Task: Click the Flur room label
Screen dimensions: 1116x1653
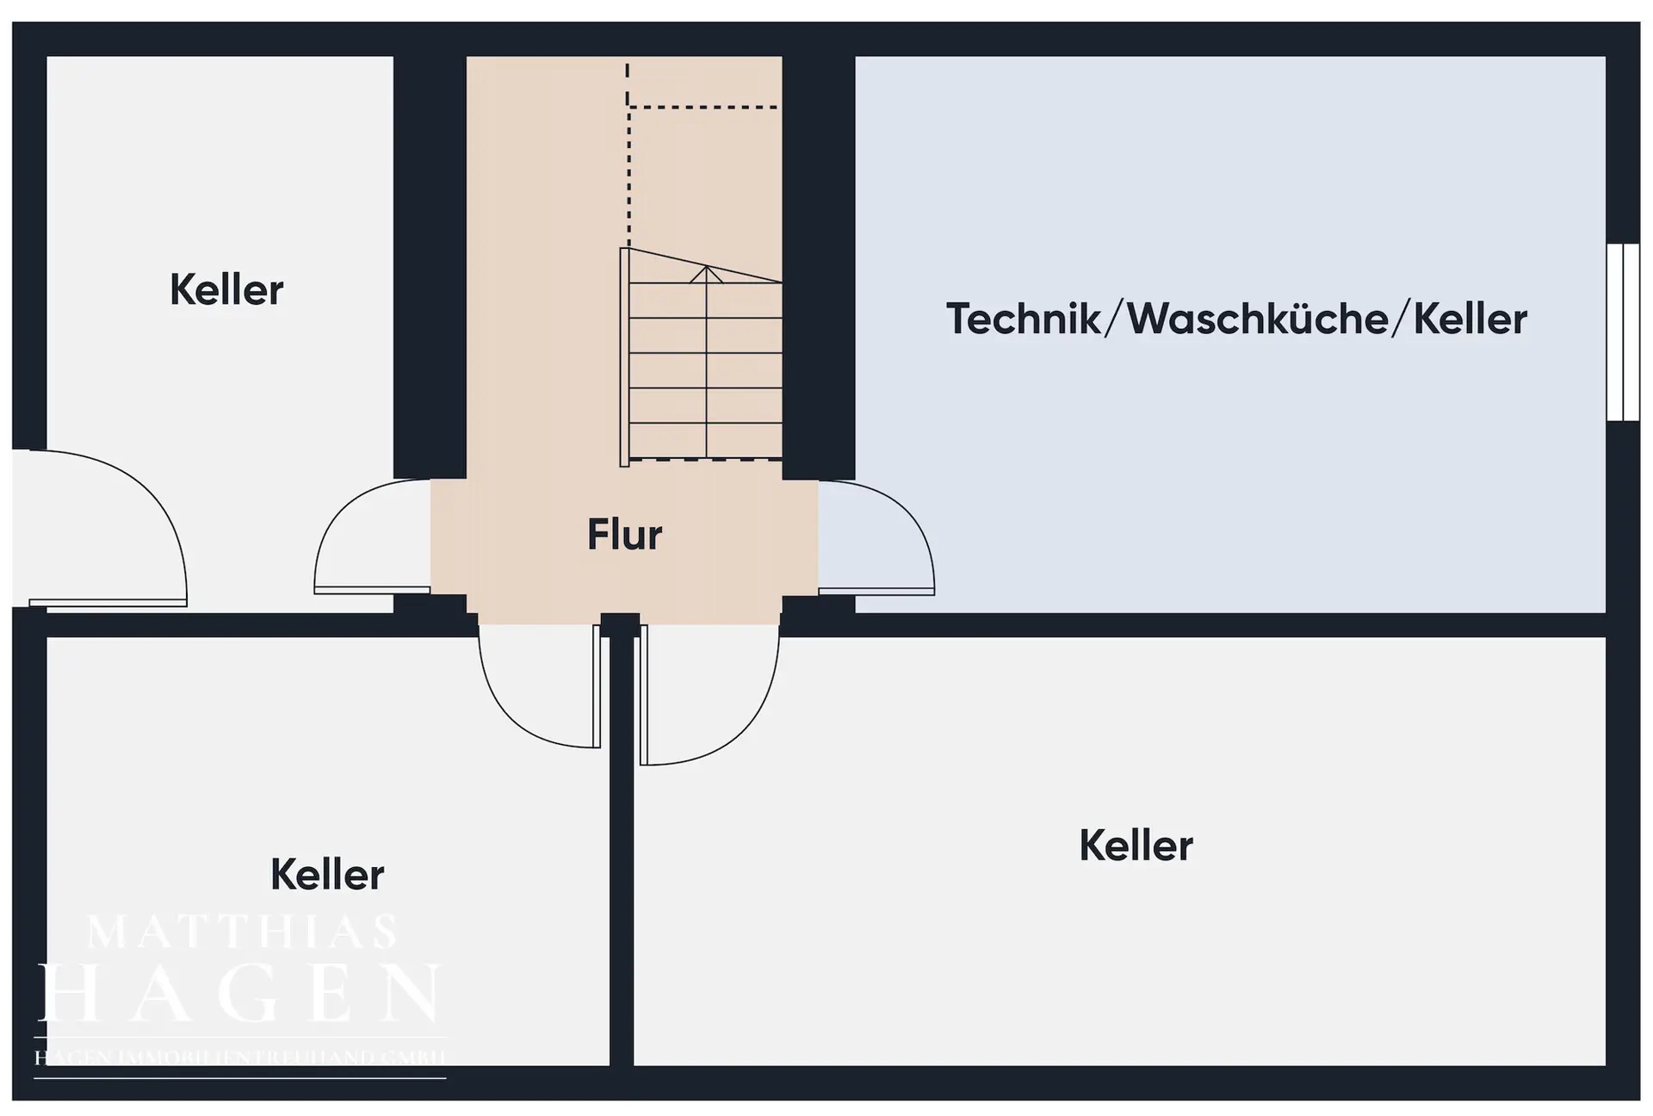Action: coord(624,535)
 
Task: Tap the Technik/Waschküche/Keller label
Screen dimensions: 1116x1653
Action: coord(1236,319)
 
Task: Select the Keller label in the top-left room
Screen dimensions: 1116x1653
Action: coord(226,290)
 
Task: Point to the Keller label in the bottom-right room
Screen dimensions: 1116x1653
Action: coord(1136,846)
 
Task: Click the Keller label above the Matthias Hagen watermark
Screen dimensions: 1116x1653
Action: coord(327,875)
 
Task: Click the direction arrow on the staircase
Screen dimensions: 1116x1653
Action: coord(706,274)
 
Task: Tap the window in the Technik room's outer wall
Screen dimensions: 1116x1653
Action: coord(1623,332)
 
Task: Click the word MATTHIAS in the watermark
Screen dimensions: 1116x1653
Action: coord(242,932)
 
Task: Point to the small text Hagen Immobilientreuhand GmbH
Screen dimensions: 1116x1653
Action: coord(239,1057)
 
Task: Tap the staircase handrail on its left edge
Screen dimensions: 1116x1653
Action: coord(624,357)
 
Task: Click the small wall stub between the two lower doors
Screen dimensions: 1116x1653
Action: coord(620,624)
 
